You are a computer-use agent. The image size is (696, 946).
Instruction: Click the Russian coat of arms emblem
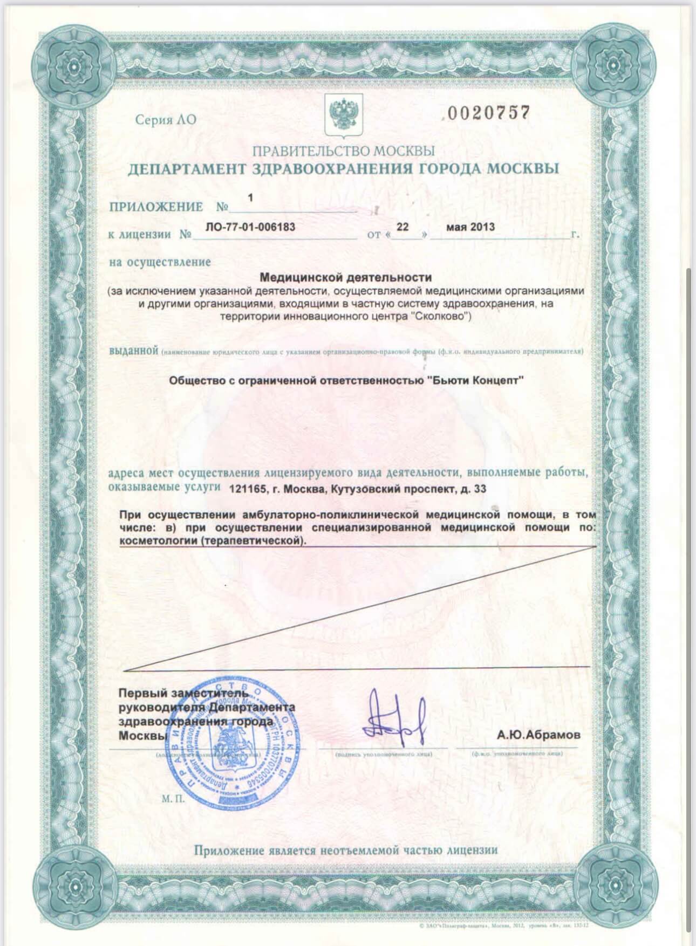coord(342,115)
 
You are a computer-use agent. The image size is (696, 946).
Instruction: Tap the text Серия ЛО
coord(166,119)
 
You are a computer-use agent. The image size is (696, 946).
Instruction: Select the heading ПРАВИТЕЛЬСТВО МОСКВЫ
coord(343,150)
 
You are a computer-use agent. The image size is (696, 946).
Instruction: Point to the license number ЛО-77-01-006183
coord(251,227)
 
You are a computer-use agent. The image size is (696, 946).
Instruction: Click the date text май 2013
coord(470,227)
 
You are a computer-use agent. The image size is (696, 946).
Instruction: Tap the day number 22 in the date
coord(402,227)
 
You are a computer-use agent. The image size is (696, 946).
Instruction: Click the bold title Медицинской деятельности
coord(346,277)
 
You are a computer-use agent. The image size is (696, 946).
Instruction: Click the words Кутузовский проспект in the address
coord(394,489)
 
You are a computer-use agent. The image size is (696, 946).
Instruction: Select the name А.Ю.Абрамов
coord(539,735)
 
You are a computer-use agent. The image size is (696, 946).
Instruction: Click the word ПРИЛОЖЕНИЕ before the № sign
coord(156,207)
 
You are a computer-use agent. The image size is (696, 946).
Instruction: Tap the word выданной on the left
coord(133,351)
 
